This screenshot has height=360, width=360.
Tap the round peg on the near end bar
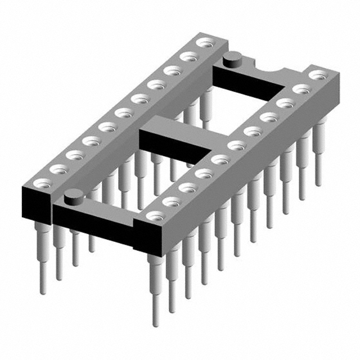(x=72, y=197)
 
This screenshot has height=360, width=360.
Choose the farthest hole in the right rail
(x=319, y=74)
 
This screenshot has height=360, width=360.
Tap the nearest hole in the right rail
(x=154, y=215)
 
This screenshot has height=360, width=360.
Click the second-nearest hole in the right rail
(x=170, y=201)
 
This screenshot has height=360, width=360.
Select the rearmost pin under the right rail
(x=319, y=152)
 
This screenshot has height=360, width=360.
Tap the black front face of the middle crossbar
(x=172, y=146)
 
